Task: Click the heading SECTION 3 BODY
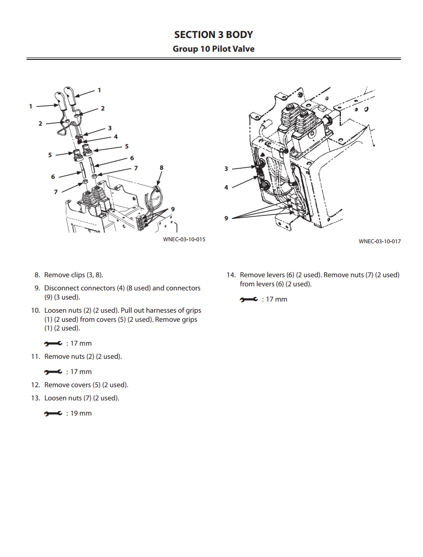(213, 34)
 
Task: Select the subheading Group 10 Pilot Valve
(213, 49)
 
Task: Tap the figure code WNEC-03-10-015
(184, 239)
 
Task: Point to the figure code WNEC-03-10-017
(379, 242)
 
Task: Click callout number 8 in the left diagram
(162, 168)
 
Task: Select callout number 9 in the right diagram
(226, 218)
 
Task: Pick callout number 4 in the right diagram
(226, 187)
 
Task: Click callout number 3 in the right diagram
(226, 169)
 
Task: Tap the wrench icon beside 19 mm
(53, 414)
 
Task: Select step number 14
(231, 275)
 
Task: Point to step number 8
(37, 275)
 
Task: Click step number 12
(35, 385)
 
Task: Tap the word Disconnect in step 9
(62, 288)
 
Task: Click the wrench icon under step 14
(249, 300)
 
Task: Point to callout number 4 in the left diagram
(116, 137)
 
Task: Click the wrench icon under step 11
(53, 372)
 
